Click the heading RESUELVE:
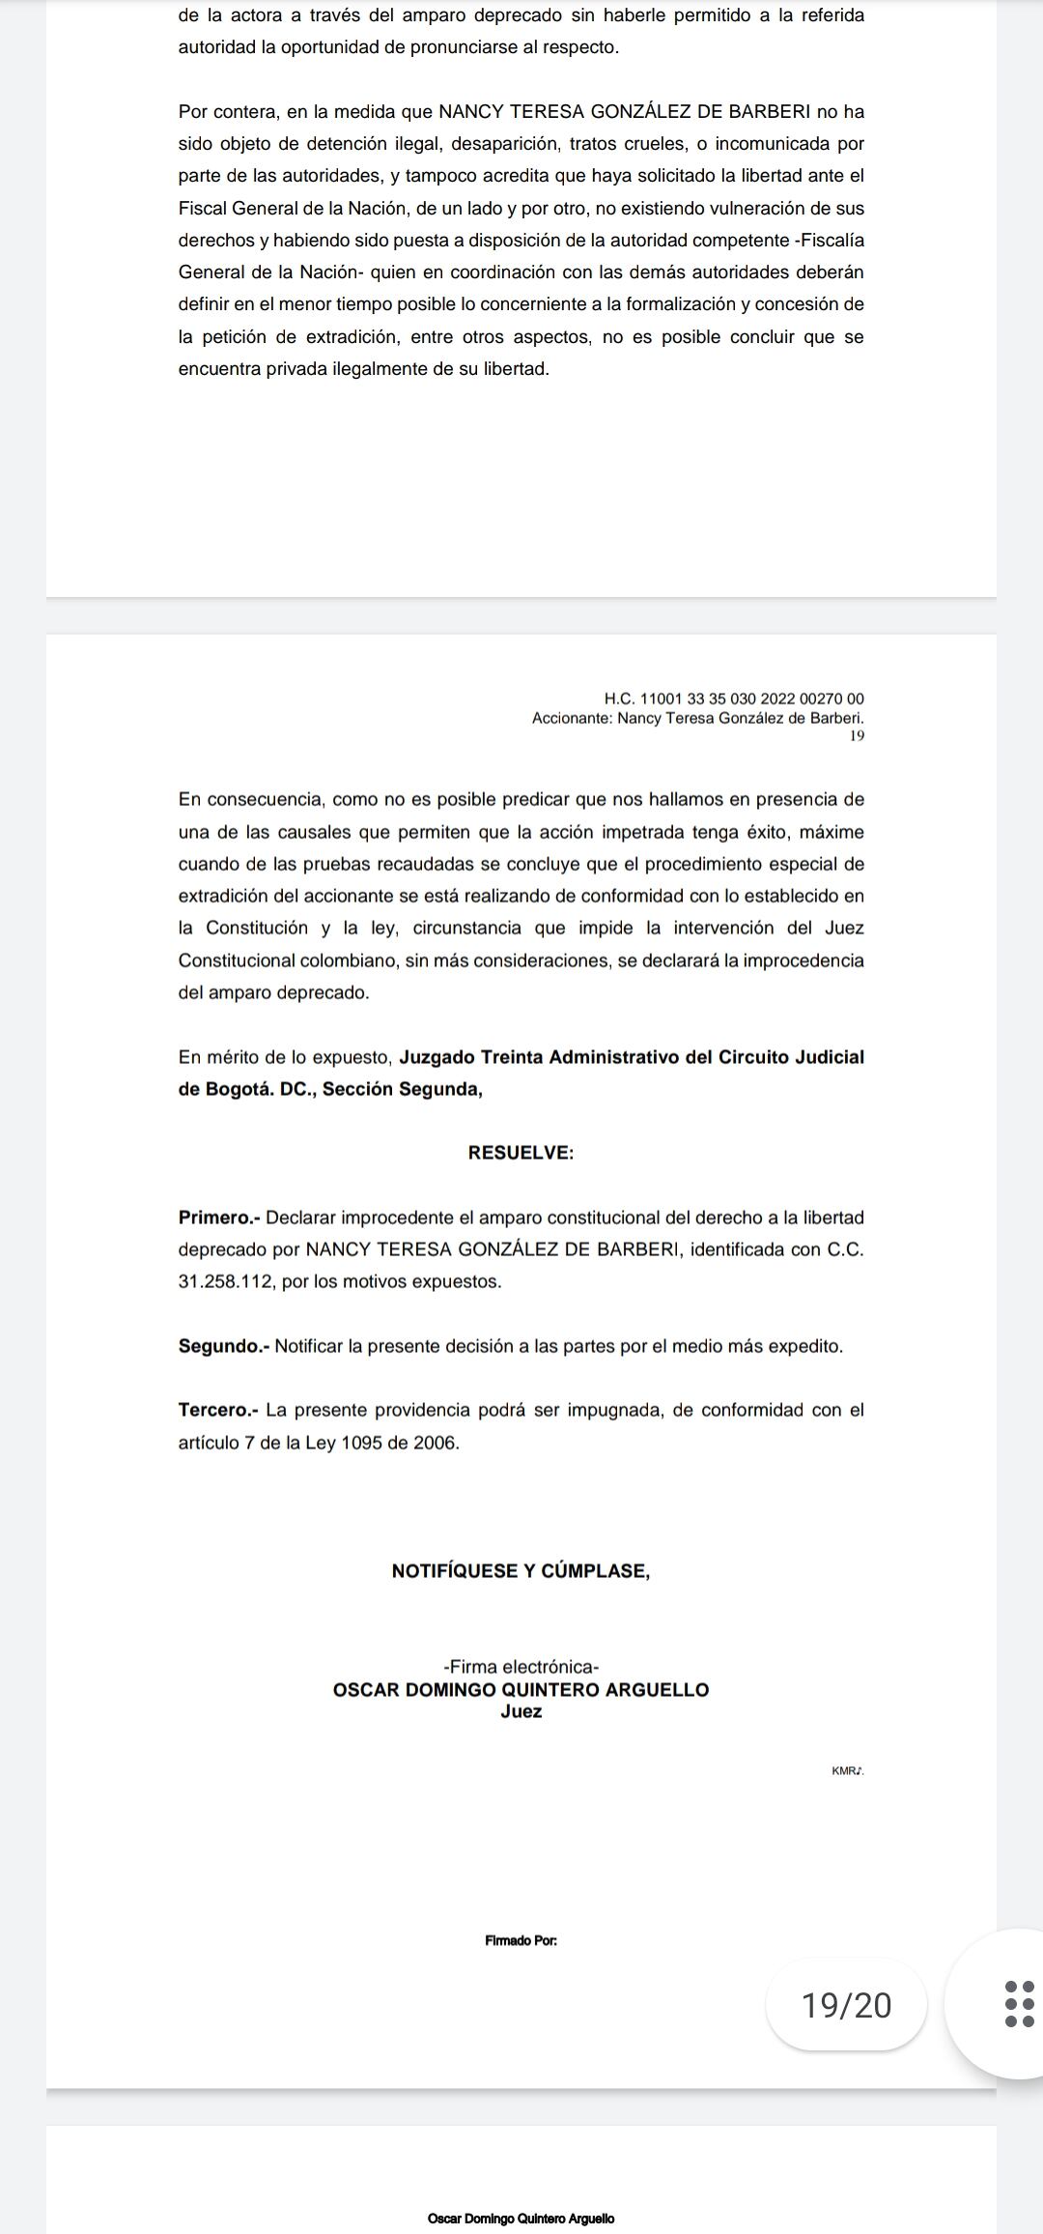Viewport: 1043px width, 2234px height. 521,1153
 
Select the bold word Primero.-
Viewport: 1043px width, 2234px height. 219,1217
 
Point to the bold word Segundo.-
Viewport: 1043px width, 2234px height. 223,1346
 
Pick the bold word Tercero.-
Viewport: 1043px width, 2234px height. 218,1410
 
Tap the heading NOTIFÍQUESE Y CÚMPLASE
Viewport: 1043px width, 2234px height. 521,1571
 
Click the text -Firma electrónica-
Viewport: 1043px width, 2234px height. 521,1667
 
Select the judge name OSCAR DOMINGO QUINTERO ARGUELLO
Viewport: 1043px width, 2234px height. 521,1690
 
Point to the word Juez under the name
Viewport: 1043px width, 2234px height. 521,1712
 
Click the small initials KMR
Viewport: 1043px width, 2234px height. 847,1771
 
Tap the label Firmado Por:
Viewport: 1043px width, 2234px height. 521,1940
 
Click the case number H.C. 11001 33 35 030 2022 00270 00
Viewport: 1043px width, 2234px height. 734,699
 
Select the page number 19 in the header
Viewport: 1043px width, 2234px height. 857,736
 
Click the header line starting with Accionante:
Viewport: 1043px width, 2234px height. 697,718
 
